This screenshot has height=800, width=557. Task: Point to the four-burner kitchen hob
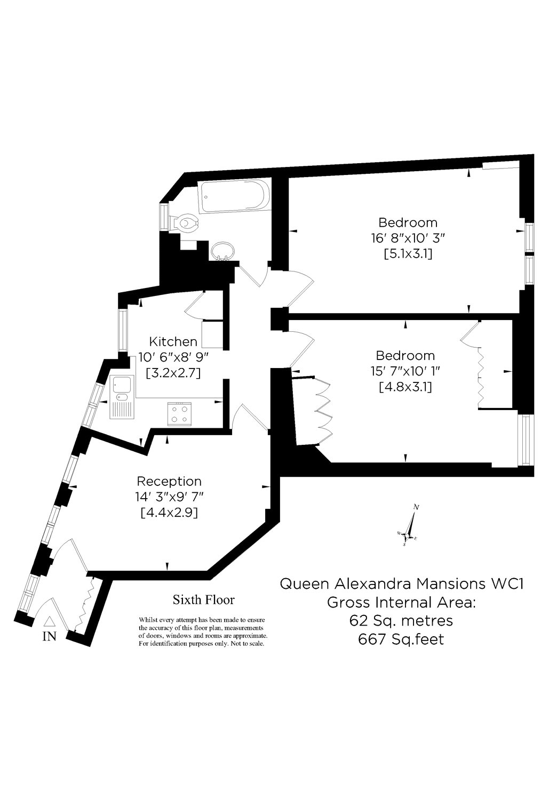pyautogui.click(x=180, y=413)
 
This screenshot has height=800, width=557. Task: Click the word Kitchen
pyautogui.click(x=173, y=341)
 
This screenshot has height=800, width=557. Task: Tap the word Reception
pyautogui.click(x=169, y=481)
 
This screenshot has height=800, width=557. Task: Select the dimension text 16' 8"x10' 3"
pyautogui.click(x=408, y=238)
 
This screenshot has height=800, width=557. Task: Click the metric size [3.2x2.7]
pyautogui.click(x=173, y=373)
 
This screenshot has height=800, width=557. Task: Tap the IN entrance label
pyautogui.click(x=49, y=636)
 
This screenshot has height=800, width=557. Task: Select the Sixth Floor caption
pyautogui.click(x=203, y=600)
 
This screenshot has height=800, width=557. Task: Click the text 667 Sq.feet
pyautogui.click(x=401, y=639)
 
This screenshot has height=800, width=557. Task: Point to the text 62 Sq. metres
pyautogui.click(x=401, y=621)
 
